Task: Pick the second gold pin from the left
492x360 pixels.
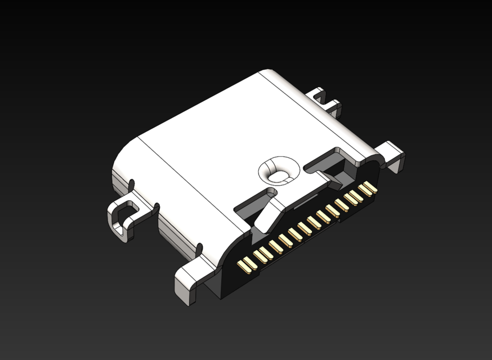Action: [260, 256]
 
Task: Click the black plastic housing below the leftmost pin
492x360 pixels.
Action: [236, 281]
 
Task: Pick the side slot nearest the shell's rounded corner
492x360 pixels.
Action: [132, 184]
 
